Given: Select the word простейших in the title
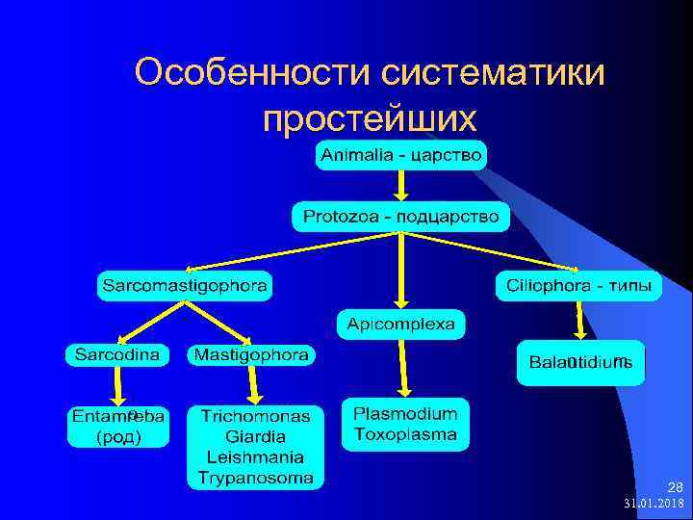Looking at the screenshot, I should pos(369,117).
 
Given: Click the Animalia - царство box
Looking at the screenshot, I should pos(401,154).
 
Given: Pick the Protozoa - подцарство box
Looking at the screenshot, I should pos(401,216).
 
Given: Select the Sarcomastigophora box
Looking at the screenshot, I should pos(186,286).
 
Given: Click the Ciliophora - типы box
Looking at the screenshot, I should pos(578,286).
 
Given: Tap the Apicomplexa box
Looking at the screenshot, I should pos(400,324).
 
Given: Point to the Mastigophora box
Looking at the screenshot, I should pos(251,355).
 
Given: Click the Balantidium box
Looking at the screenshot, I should pos(580,362).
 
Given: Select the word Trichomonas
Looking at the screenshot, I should pos(255,417).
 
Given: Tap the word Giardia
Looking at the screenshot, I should pos(255,437).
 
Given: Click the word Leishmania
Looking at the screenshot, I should pos(255,456).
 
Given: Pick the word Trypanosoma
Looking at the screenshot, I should pos(255,477).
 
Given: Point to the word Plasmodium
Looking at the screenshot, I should pos(405,414).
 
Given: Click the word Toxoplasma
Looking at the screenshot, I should pos(405,434).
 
